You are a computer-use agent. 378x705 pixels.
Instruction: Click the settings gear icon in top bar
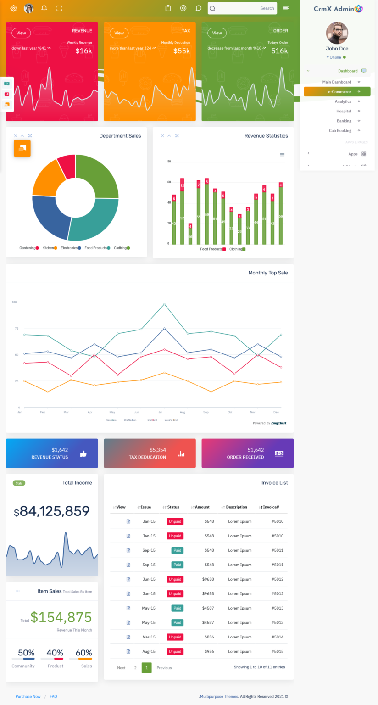tap(13, 8)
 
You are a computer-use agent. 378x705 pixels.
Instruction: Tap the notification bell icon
tap(44, 8)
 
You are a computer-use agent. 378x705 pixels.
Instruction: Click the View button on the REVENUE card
tap(21, 33)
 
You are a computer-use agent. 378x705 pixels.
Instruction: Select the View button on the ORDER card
tap(217, 33)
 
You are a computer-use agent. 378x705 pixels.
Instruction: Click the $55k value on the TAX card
tap(182, 51)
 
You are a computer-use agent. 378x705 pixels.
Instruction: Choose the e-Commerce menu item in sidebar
tap(339, 92)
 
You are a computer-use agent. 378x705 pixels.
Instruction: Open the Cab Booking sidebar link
tap(340, 131)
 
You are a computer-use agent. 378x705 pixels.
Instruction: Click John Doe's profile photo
tap(337, 33)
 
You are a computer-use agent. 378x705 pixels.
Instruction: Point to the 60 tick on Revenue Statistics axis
tap(169, 182)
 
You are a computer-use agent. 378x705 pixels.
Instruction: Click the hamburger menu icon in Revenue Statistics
tap(282, 155)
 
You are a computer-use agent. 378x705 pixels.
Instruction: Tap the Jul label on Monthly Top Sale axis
tap(161, 412)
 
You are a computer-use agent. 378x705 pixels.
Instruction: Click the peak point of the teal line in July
tap(164, 304)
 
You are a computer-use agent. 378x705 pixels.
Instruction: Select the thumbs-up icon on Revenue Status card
tap(83, 453)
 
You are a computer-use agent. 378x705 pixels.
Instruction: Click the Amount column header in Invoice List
tap(202, 507)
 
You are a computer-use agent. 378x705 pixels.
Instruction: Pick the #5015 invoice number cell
tap(277, 651)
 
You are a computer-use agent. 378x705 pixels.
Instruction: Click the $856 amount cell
tap(209, 637)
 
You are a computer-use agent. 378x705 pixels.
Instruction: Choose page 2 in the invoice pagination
tap(135, 668)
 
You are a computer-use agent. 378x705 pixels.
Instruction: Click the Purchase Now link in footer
tap(28, 696)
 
